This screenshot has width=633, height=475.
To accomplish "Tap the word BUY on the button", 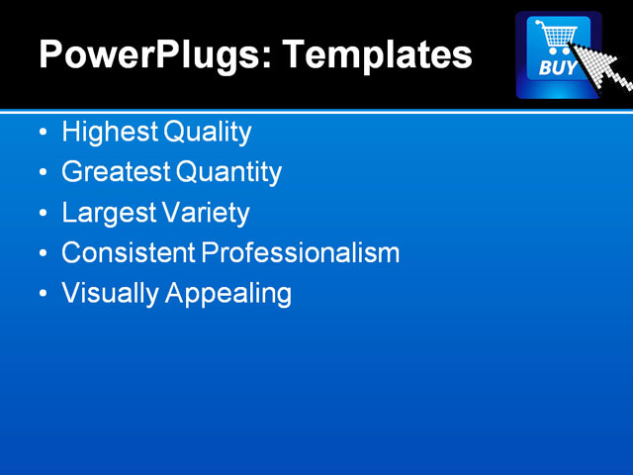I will pyautogui.click(x=557, y=69).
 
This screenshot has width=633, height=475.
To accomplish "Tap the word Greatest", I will pyautogui.click(x=115, y=172).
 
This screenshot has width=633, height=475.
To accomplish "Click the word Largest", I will pyautogui.click(x=102, y=213).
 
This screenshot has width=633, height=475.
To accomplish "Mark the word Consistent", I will pyautogui.click(x=128, y=253).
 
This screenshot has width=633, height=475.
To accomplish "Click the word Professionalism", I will pyautogui.click(x=301, y=253).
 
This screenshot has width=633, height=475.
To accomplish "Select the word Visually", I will pyautogui.click(x=104, y=294).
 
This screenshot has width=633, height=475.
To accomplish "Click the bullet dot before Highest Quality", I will pyautogui.click(x=42, y=133).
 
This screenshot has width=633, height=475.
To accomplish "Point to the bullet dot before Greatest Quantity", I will pyautogui.click(x=42, y=173).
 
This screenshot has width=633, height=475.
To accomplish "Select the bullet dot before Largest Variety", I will pyautogui.click(x=42, y=214).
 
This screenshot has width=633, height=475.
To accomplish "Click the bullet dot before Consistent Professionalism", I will pyautogui.click(x=42, y=254).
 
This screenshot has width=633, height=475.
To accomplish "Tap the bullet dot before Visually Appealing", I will pyautogui.click(x=42, y=295).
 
